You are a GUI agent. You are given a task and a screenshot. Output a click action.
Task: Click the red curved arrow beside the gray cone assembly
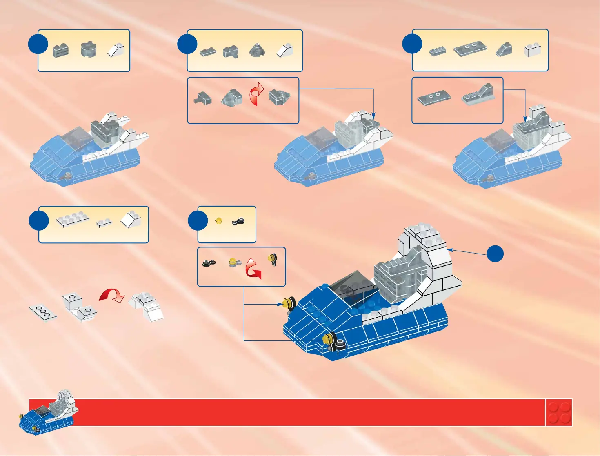[256, 95]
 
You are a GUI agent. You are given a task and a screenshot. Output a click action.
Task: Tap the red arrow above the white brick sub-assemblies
[112, 295]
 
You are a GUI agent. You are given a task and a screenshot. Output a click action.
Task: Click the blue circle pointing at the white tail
[495, 254]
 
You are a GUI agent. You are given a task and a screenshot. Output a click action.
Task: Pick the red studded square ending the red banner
[559, 412]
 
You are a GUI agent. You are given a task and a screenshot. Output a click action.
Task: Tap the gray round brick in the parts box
[89, 49]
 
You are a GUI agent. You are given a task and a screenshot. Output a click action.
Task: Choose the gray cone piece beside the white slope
[257, 51]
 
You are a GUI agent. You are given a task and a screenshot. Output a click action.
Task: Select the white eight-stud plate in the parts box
[73, 219]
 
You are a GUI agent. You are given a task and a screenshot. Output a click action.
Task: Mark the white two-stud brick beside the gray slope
[533, 50]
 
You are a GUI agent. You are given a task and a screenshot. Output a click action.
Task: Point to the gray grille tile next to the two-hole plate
[438, 51]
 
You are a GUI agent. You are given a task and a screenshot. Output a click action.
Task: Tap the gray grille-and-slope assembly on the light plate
[478, 95]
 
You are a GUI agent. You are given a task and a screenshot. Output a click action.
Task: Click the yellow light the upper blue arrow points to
[287, 303]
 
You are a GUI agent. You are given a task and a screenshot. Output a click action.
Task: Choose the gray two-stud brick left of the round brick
[61, 51]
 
